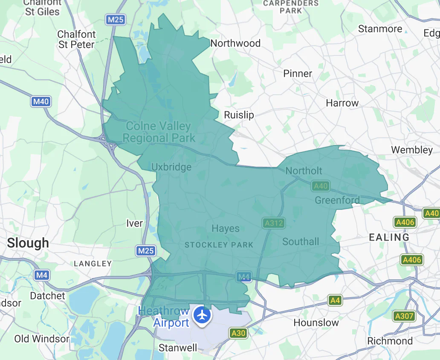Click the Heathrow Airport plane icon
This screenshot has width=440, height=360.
[202, 316]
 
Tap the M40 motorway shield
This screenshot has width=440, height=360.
[41, 102]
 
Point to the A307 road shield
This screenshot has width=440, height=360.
[404, 316]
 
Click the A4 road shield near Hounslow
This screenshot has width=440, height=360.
[336, 301]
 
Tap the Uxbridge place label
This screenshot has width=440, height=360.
[171, 167]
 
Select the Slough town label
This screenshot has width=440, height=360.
[28, 243]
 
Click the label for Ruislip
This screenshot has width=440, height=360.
[239, 115]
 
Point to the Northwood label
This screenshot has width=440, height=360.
[235, 43]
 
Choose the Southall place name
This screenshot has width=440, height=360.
[301, 241]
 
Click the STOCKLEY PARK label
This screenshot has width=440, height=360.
[219, 245]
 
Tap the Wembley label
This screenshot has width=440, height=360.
[412, 150]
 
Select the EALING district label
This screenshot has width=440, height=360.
[389, 237]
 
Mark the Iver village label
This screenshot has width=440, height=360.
[135, 223]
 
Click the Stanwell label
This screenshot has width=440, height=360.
[178, 348]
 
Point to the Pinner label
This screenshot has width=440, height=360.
[298, 73]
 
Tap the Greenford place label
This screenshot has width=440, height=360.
[337, 200]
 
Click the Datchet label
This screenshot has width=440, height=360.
[48, 296]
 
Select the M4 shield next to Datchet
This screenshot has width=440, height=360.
[41, 275]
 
